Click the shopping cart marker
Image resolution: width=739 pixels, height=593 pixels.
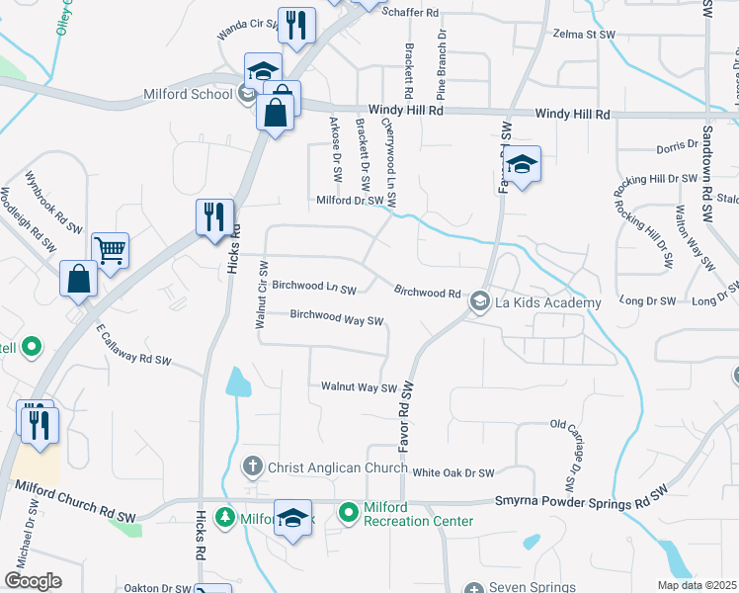point(110,250)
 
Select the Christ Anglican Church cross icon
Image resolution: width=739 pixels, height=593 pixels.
point(252,466)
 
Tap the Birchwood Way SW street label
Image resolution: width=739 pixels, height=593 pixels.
point(336,319)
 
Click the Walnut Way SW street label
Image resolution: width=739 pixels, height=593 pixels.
point(359,387)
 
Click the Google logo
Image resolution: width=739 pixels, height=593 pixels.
point(32,580)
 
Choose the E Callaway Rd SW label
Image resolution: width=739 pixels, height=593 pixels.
point(133,348)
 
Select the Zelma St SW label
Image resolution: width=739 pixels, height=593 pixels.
point(585,34)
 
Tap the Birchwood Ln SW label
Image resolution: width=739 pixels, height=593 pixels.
point(313,287)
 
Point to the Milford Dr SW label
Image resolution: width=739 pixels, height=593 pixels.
point(349,200)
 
